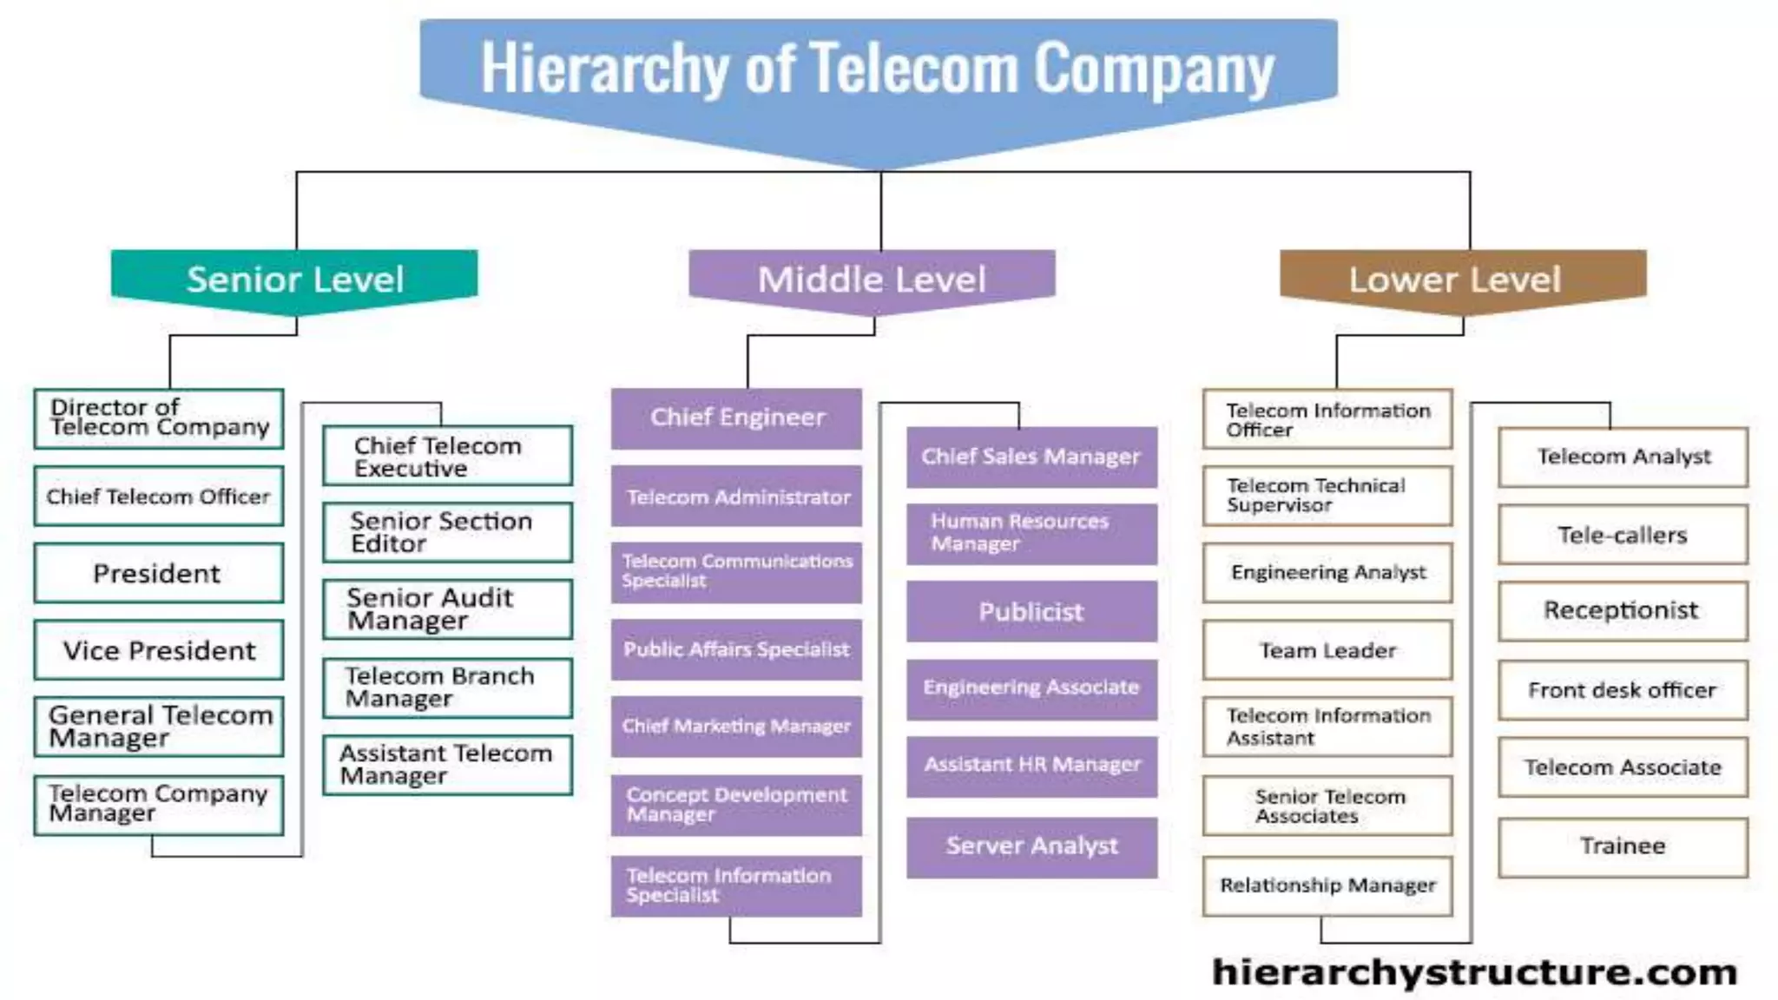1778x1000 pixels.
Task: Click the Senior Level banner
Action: [x=294, y=280]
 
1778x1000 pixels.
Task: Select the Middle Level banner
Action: [x=872, y=280]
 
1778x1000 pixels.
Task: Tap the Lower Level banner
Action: [x=1463, y=280]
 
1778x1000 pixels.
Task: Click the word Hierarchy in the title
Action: [x=605, y=68]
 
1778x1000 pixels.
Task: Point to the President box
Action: [x=158, y=573]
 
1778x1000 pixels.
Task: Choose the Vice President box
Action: [x=158, y=650]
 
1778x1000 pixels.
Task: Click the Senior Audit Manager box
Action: [x=447, y=609]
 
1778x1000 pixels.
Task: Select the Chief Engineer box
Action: [x=736, y=418]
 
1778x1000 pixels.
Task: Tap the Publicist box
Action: [x=1031, y=612]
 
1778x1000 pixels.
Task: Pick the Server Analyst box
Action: [x=1031, y=846]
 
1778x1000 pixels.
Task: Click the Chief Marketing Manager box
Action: [x=736, y=726]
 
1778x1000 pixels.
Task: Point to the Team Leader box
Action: [x=1327, y=650]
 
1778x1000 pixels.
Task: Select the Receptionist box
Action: [x=1622, y=611]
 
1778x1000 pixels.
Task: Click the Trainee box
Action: [x=1622, y=846]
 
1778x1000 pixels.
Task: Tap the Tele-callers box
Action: [x=1622, y=535]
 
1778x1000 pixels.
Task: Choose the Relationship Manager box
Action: [x=1327, y=885]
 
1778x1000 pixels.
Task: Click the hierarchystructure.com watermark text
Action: [x=1474, y=972]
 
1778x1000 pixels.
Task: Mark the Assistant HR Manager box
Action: [x=1031, y=765]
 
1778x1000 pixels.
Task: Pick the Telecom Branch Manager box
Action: [x=447, y=687]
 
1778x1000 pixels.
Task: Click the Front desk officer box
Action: [x=1622, y=690]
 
